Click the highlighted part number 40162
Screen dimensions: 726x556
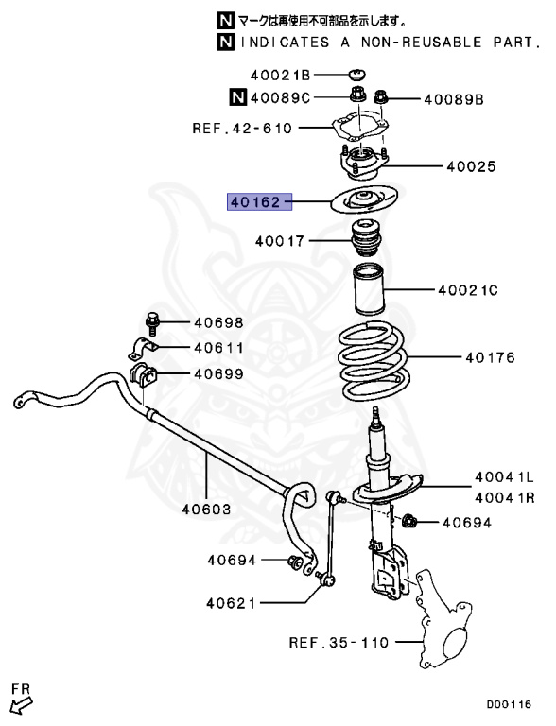pyautogui.click(x=254, y=201)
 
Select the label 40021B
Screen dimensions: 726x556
pyautogui.click(x=280, y=75)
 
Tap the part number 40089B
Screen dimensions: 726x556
pyautogui.click(x=453, y=98)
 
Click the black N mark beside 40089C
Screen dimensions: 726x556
pyautogui.click(x=237, y=95)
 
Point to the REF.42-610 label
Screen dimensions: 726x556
pyautogui.click(x=242, y=129)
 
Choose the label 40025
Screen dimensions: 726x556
pyautogui.click(x=470, y=166)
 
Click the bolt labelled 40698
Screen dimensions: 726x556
pyautogui.click(x=154, y=322)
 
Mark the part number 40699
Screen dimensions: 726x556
pyautogui.click(x=219, y=374)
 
